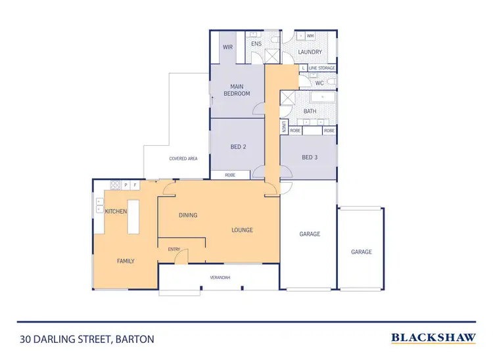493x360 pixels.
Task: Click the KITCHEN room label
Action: coord(116,211)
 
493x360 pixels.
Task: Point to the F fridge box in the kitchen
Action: coord(135,185)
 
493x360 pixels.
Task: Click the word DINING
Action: coord(188,215)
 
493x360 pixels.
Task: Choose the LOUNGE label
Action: coord(242,230)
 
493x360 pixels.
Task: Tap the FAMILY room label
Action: coord(126,261)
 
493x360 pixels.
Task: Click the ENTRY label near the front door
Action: coord(174,249)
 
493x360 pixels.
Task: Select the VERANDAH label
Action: coord(220,277)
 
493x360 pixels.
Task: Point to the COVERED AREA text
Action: coord(183,158)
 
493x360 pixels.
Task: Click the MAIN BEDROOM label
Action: coord(237,90)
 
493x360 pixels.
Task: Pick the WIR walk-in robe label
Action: coord(227,47)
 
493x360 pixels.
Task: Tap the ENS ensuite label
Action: coord(256,44)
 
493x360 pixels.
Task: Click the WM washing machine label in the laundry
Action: coord(310,35)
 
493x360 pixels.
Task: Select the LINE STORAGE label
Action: coord(322,68)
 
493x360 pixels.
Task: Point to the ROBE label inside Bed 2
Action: coord(230,175)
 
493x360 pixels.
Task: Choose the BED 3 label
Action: coord(309,157)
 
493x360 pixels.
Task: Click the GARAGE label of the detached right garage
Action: coord(361,252)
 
